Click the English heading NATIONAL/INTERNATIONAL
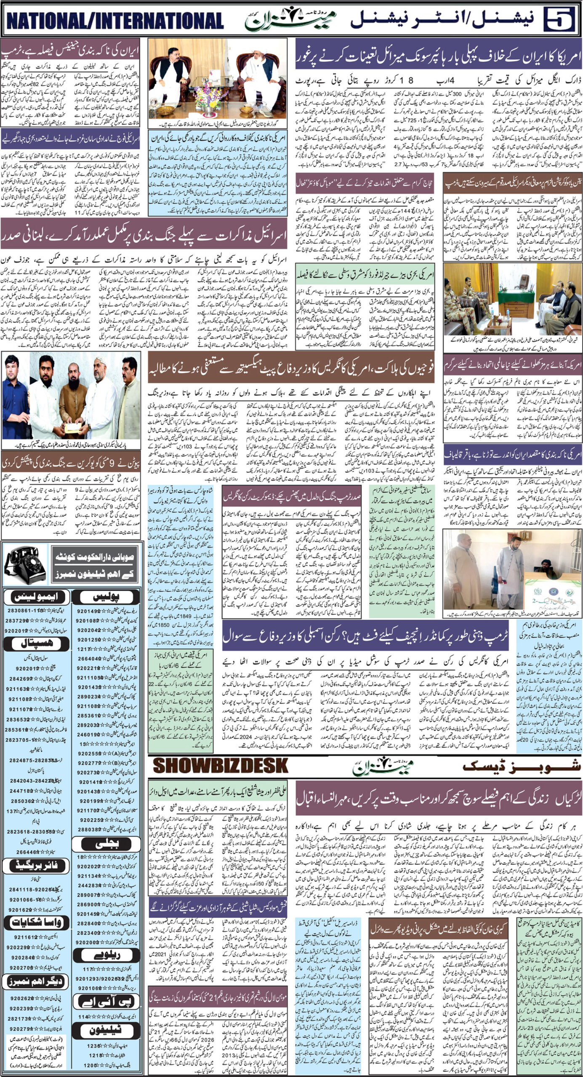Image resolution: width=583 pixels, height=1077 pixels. pyautogui.click(x=114, y=20)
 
